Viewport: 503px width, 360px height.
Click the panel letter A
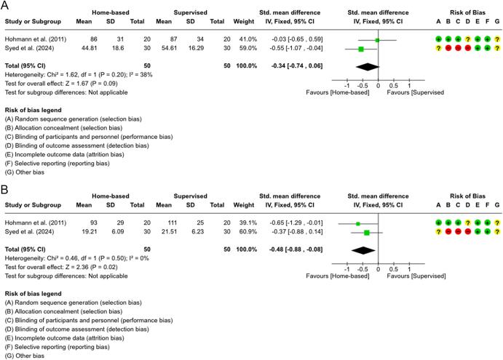6,6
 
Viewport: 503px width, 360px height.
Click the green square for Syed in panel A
361,49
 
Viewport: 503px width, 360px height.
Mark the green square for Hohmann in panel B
358,223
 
